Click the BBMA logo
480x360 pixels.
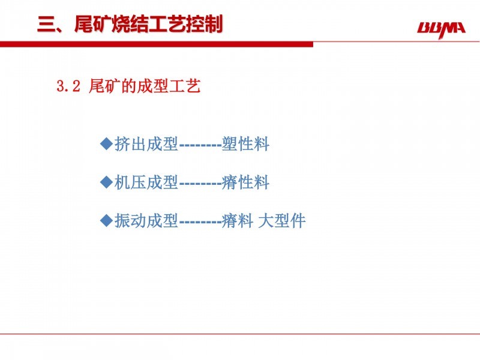point(441,29)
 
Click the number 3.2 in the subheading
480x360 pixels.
point(68,86)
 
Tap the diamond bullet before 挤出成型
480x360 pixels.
point(107,143)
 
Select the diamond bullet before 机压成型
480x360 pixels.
point(107,182)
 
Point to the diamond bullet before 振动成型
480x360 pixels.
point(107,220)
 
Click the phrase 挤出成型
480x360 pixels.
point(146,143)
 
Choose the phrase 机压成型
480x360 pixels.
point(146,182)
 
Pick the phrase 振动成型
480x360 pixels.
point(146,220)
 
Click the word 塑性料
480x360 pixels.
point(245,143)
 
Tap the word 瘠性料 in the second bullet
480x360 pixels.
point(245,182)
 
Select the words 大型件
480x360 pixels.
point(281,220)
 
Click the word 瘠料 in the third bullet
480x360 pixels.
point(238,220)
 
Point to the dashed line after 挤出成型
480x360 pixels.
point(200,145)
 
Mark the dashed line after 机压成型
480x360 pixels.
point(200,184)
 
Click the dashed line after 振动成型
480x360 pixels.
point(200,221)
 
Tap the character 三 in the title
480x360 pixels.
point(46,24)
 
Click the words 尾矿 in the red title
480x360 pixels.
point(92,24)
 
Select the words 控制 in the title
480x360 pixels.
point(204,24)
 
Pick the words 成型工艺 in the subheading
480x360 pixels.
point(169,86)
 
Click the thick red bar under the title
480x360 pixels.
point(157,44)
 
